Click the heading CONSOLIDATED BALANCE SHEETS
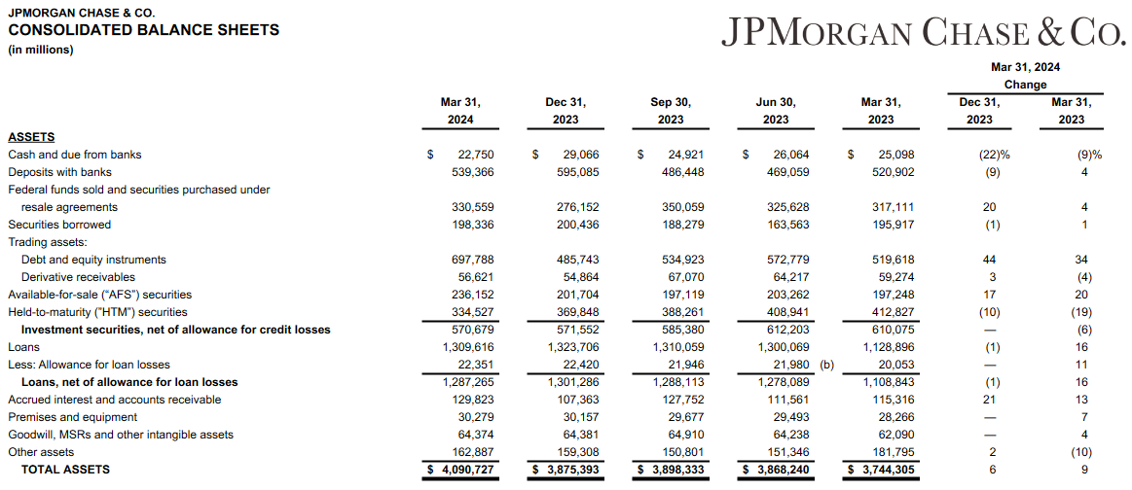(144, 30)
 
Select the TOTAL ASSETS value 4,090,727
(460, 470)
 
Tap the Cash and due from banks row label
(75, 155)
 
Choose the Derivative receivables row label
(81, 277)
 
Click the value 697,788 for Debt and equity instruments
(469, 260)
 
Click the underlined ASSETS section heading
(31, 137)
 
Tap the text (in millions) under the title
(41, 51)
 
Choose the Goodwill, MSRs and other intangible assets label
(121, 435)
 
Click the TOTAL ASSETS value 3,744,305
(882, 470)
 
